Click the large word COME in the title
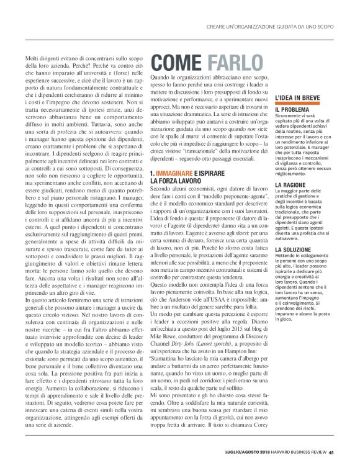point(178,63)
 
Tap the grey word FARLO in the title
point(236,63)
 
